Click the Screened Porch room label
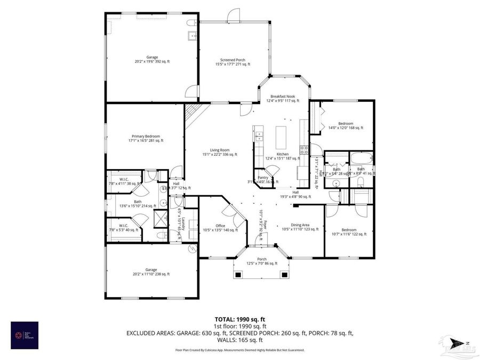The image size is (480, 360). (233, 62)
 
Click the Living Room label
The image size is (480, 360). (219, 152)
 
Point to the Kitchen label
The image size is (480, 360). (283, 156)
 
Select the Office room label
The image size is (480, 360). (220, 228)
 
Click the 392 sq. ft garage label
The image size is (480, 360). (153, 59)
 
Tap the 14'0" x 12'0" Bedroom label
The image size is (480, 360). (346, 125)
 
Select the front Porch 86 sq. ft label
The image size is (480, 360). (261, 261)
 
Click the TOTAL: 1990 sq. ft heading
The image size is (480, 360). (239, 318)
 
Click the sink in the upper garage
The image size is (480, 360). (191, 36)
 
